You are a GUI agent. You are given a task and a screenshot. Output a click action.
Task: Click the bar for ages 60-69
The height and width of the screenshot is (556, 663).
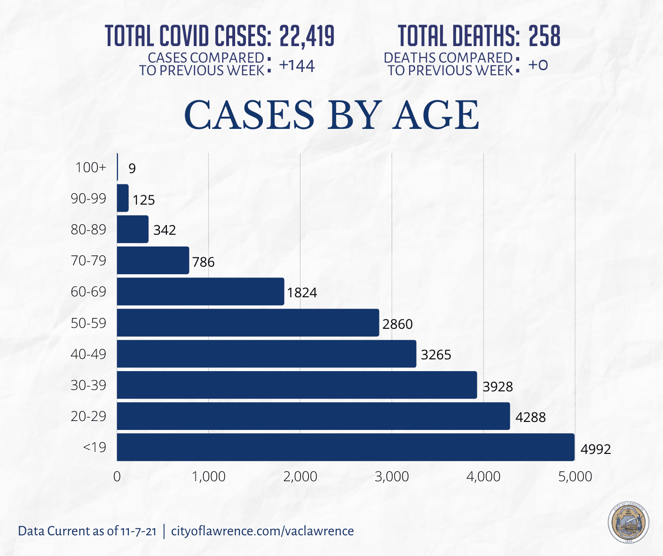(x=200, y=292)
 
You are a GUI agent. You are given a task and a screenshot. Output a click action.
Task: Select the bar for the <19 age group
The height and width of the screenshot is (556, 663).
(x=346, y=447)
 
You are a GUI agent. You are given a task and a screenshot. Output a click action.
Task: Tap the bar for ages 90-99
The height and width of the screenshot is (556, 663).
(x=123, y=198)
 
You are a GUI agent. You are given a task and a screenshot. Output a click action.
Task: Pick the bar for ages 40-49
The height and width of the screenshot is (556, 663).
(x=267, y=354)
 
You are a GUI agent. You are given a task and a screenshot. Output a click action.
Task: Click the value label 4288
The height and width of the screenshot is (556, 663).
(x=530, y=417)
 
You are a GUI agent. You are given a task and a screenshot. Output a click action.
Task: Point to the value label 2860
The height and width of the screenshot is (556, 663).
(x=397, y=324)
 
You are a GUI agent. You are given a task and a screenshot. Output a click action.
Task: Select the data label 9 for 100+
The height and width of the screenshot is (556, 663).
(x=132, y=168)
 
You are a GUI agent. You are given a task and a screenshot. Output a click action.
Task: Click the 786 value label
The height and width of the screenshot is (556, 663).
(x=203, y=262)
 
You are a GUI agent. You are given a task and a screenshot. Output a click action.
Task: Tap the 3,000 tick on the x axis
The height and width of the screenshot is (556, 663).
(x=393, y=477)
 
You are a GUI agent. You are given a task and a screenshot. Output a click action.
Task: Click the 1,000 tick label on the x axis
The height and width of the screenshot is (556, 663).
(x=209, y=477)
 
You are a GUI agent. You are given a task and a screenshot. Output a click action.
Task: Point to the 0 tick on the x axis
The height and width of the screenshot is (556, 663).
(x=117, y=477)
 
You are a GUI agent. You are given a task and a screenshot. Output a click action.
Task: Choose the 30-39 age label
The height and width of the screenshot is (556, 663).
(x=88, y=385)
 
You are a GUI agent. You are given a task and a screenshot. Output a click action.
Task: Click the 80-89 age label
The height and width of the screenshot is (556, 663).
(x=88, y=230)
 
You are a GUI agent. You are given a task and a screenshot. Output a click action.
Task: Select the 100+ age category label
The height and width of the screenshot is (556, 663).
(x=91, y=167)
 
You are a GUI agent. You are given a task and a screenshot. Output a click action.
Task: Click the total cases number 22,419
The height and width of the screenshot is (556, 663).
(x=307, y=36)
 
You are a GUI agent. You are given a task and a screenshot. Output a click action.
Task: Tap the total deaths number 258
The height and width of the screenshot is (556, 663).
(x=545, y=36)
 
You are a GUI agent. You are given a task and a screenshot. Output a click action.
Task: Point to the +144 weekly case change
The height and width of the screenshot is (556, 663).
(x=297, y=65)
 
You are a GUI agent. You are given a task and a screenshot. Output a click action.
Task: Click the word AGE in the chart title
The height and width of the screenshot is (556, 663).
(x=436, y=115)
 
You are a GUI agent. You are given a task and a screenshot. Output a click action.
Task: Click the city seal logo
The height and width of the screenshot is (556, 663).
(x=628, y=523)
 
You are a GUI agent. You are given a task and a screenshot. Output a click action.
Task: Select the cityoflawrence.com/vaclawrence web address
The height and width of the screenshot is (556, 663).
(x=262, y=531)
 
